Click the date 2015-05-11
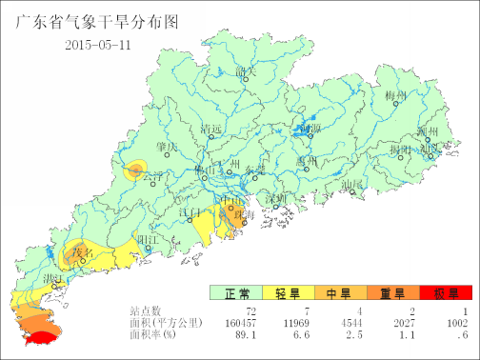[98, 45]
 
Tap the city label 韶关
[246, 71]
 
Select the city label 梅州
[396, 96]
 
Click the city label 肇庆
[168, 148]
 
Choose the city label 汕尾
[353, 183]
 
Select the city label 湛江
[52, 276]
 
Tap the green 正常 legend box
[235, 294]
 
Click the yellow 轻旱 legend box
[288, 294]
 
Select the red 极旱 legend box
[446, 294]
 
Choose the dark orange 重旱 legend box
[392, 294]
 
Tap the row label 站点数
[148, 311]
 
